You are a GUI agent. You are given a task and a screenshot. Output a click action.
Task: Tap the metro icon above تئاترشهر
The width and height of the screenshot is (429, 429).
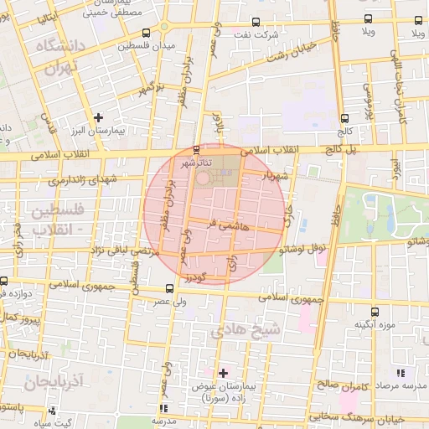tap(197, 150)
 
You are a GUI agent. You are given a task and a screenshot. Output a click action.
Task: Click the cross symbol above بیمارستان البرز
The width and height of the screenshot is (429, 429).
tap(98, 118)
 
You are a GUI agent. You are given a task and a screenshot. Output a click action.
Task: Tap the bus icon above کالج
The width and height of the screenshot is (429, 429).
tap(345, 118)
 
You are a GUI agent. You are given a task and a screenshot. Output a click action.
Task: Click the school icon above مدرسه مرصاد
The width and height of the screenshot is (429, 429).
tap(401, 371)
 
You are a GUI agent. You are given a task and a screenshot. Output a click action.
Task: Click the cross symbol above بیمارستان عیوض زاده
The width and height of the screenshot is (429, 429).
tap(222, 372)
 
